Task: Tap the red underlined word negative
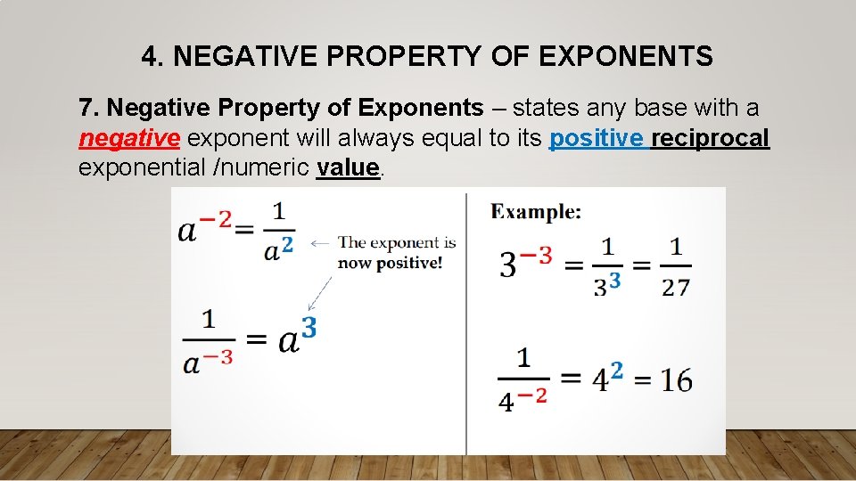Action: click(x=130, y=138)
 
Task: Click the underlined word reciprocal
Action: click(x=710, y=138)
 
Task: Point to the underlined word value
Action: click(x=348, y=167)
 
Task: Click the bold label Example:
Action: click(x=536, y=212)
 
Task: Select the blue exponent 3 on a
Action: click(x=309, y=327)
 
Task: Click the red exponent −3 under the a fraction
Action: click(x=219, y=356)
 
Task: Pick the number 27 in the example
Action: click(x=676, y=286)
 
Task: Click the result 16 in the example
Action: click(x=676, y=380)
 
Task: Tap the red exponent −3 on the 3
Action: click(x=535, y=256)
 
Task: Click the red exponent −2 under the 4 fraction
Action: click(x=533, y=395)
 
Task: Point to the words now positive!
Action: click(x=390, y=264)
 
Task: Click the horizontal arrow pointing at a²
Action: click(x=320, y=242)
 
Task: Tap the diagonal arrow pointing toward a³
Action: click(x=320, y=293)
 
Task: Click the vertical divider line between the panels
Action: click(x=466, y=321)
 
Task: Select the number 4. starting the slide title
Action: click(x=152, y=57)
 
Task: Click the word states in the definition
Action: click(x=546, y=109)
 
